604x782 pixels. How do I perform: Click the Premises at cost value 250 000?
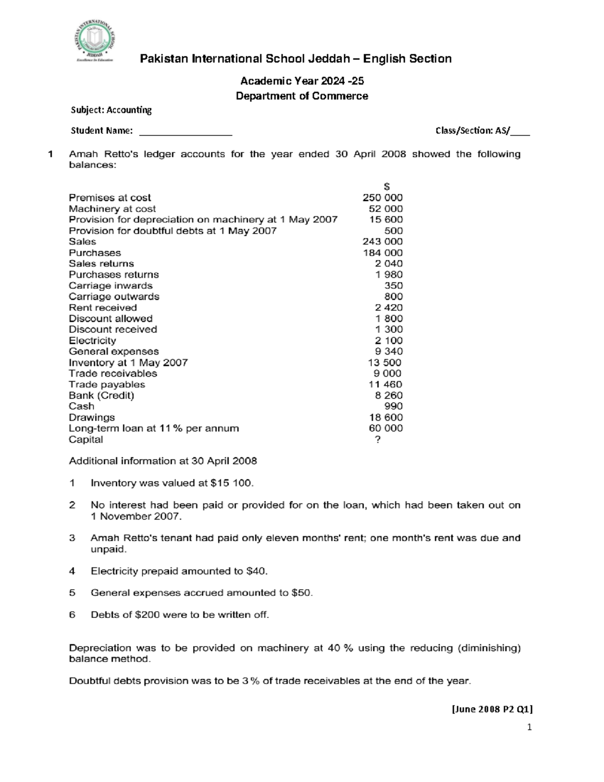coord(382,198)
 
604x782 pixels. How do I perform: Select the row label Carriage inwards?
coord(110,286)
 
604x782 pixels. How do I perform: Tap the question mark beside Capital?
coord(378,440)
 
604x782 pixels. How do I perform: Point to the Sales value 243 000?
coord(382,242)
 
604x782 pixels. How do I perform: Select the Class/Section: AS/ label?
coord(473,131)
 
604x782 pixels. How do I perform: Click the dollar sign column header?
coord(387,187)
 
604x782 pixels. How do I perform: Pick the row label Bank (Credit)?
coord(102,395)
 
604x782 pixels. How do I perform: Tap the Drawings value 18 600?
coord(386,417)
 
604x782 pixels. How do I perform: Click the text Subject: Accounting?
coord(111,110)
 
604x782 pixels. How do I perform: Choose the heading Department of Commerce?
coord(302,96)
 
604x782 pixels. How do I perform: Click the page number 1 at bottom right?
coord(529,727)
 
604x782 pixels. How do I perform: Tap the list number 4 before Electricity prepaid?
coord(72,571)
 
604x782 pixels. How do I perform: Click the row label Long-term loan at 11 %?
coord(154,429)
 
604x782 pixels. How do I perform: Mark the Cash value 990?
coord(393,406)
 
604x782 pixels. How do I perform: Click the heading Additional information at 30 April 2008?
coord(163,461)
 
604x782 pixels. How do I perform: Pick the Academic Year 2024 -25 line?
coord(302,81)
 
